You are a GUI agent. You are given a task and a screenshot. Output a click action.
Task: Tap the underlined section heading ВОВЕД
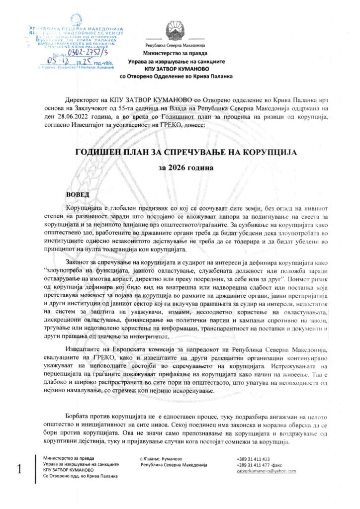[x=78, y=195]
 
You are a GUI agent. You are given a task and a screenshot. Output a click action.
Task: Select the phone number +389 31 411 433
[x=253, y=459]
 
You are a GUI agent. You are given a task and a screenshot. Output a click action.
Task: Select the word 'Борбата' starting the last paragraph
[x=79, y=415]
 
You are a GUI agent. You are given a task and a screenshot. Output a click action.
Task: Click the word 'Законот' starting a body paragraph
[x=82, y=261]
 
